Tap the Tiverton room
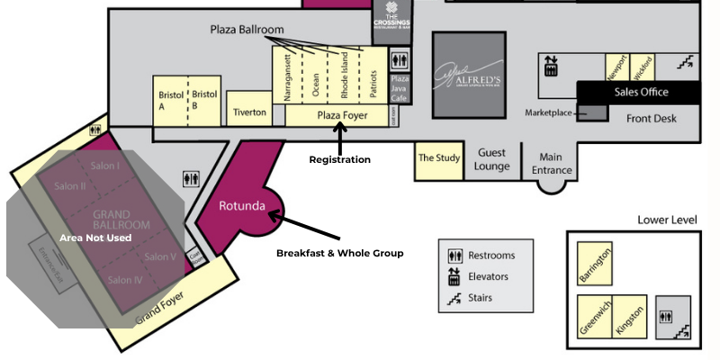[x=249, y=112]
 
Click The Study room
[x=439, y=158]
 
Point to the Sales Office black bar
[x=641, y=92]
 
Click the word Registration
[x=339, y=159]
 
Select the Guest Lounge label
[x=493, y=159]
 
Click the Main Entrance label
[x=552, y=163]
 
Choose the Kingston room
[x=630, y=318]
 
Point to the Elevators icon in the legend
[x=454, y=277]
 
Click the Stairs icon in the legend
[x=454, y=298]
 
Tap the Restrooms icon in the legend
[x=454, y=256]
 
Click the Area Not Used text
[x=95, y=238]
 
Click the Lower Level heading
[x=667, y=220]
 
